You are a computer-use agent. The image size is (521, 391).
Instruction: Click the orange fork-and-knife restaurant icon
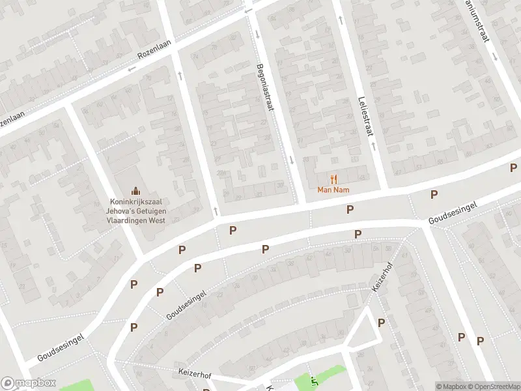point(334,179)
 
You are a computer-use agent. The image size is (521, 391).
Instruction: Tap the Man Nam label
point(333,190)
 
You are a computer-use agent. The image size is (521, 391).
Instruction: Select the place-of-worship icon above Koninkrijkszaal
point(136,190)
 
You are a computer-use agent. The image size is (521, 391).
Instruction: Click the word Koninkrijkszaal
point(137,202)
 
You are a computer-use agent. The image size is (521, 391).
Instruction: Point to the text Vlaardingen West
point(137,220)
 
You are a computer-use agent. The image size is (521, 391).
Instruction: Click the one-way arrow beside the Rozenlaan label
point(132,68)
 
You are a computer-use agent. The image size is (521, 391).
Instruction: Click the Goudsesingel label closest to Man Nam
point(453,213)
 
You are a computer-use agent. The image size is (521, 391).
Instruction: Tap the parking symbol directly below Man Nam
point(350,209)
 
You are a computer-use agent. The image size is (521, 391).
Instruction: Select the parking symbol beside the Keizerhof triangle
point(381,323)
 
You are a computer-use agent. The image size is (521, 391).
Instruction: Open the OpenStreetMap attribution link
point(492,386)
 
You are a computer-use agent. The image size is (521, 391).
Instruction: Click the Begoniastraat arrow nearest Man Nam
point(292,160)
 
